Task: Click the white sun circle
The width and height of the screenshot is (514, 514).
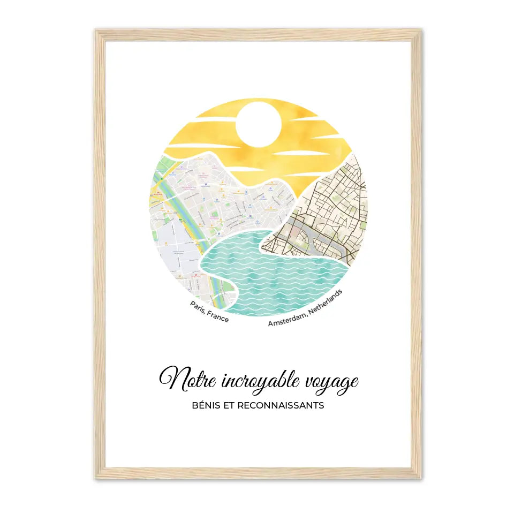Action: (x=259, y=124)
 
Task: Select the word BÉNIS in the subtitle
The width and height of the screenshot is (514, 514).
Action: (x=204, y=405)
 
